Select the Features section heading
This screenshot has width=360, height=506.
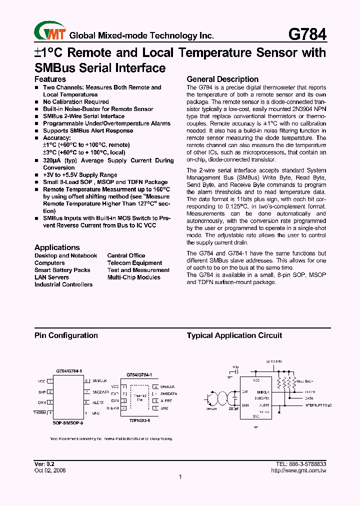pos(50,79)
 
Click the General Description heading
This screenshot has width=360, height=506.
pos(222,79)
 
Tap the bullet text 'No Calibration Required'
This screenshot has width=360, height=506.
pos(75,101)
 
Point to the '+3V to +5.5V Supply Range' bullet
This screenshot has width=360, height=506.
pos(80,175)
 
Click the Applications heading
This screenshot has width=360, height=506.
pos(57,247)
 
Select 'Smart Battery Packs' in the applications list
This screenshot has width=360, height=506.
pos(62,270)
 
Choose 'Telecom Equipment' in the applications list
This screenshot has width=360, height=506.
pos(134,263)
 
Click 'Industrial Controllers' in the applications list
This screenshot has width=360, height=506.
pos(63,284)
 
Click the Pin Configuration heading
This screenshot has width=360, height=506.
pos(66,335)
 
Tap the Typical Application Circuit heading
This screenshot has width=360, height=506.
pos(234,335)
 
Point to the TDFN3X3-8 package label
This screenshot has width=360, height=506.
pos(139,420)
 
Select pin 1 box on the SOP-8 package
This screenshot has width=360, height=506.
pos(50,381)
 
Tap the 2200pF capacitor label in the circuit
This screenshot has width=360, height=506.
pos(233,408)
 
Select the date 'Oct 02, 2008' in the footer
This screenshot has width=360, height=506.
pos(50,470)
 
